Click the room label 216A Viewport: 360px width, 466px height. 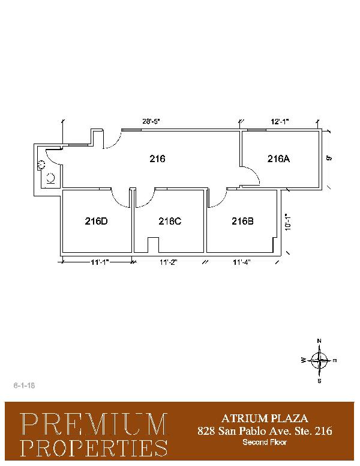point(278,159)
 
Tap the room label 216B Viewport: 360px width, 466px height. point(242,221)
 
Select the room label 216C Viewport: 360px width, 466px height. point(170,221)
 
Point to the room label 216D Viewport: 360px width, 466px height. point(96,221)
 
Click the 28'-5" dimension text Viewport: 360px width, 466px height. point(151,121)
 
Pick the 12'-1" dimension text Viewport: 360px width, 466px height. point(280,121)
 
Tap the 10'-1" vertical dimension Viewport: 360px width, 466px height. point(287,222)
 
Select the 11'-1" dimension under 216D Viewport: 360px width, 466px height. point(100,262)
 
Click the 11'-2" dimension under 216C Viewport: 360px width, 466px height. point(169,262)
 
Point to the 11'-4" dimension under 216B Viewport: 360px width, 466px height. point(242,262)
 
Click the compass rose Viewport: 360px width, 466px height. point(319,360)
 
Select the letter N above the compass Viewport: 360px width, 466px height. point(319,341)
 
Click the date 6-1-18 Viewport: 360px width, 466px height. point(24,386)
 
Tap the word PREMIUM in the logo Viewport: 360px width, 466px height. point(94,424)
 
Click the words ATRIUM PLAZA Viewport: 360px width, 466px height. point(265,419)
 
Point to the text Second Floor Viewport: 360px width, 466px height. point(265,442)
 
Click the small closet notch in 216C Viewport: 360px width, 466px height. point(153,245)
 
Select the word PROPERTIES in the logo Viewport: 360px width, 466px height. point(94,447)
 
